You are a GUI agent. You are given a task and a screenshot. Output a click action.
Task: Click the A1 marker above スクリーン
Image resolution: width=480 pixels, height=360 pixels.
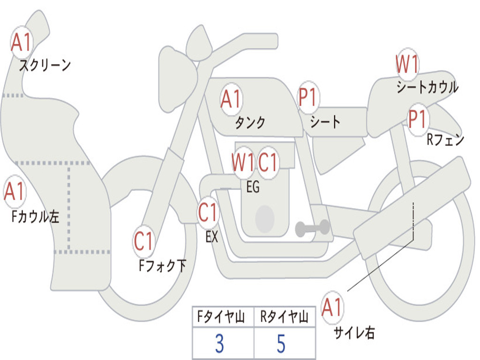[x=22, y=42]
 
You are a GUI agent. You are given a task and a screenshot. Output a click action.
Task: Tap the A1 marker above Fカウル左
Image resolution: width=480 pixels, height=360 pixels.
[x=15, y=191]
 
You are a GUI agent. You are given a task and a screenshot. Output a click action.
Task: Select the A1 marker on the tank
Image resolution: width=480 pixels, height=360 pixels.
[x=231, y=99]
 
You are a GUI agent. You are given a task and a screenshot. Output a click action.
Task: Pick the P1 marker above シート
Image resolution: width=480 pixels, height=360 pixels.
[x=307, y=97]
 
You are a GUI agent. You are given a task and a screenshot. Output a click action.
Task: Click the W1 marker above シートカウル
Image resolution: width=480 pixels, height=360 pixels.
[x=407, y=64]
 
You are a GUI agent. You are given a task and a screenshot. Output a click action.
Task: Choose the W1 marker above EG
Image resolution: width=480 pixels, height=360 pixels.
[x=243, y=162]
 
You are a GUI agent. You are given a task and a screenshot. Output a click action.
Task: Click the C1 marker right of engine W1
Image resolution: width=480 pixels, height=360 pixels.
[x=268, y=162]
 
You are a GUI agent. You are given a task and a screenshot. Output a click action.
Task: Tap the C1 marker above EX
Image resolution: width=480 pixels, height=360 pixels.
[x=208, y=212]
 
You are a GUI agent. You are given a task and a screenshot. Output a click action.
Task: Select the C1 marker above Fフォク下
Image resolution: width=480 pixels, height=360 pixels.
[x=143, y=241]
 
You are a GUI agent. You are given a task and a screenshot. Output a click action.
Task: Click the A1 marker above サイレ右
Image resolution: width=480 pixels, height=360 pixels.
[x=332, y=307]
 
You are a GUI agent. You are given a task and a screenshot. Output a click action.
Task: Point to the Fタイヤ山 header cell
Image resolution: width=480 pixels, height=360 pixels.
[x=223, y=317]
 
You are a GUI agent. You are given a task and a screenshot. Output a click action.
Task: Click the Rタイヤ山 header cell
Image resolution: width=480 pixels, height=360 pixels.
[x=285, y=317]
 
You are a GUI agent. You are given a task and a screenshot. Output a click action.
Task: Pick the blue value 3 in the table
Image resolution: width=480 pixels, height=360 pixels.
[x=219, y=344]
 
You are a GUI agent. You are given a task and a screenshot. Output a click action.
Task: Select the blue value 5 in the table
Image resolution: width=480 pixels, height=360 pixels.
[x=281, y=344]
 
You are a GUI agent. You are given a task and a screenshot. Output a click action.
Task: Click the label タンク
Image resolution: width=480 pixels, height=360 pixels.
[x=250, y=123]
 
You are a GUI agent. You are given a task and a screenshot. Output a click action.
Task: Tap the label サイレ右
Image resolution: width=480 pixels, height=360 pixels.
[x=354, y=332]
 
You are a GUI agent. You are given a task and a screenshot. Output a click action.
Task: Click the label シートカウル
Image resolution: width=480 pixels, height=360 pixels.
[x=427, y=87]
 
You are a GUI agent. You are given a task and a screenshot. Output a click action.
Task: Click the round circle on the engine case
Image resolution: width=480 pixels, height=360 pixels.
[x=265, y=218]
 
